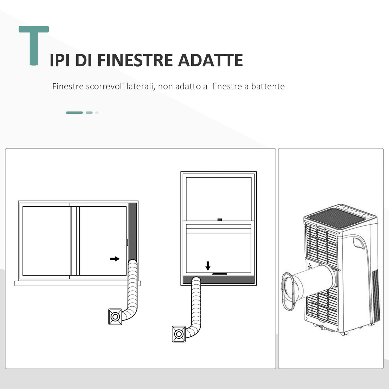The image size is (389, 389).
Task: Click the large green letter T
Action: click(x=34, y=45)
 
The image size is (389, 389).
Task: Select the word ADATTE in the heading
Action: click(x=210, y=60)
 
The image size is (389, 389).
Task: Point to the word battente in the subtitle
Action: click(x=268, y=87)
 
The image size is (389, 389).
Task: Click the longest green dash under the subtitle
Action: click(x=74, y=112)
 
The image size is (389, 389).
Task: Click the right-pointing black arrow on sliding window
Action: click(x=115, y=259)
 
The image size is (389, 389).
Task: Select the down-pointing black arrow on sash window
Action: click(x=208, y=266)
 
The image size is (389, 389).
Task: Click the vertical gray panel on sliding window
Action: click(x=132, y=231)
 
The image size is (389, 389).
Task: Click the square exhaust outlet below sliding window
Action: click(x=115, y=317)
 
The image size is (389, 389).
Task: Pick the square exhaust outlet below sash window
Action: click(x=179, y=334)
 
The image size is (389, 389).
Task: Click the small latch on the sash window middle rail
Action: click(x=219, y=219)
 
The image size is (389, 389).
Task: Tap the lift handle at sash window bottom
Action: click(x=219, y=274)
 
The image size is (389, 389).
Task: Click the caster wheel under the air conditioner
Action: click(x=343, y=333)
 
